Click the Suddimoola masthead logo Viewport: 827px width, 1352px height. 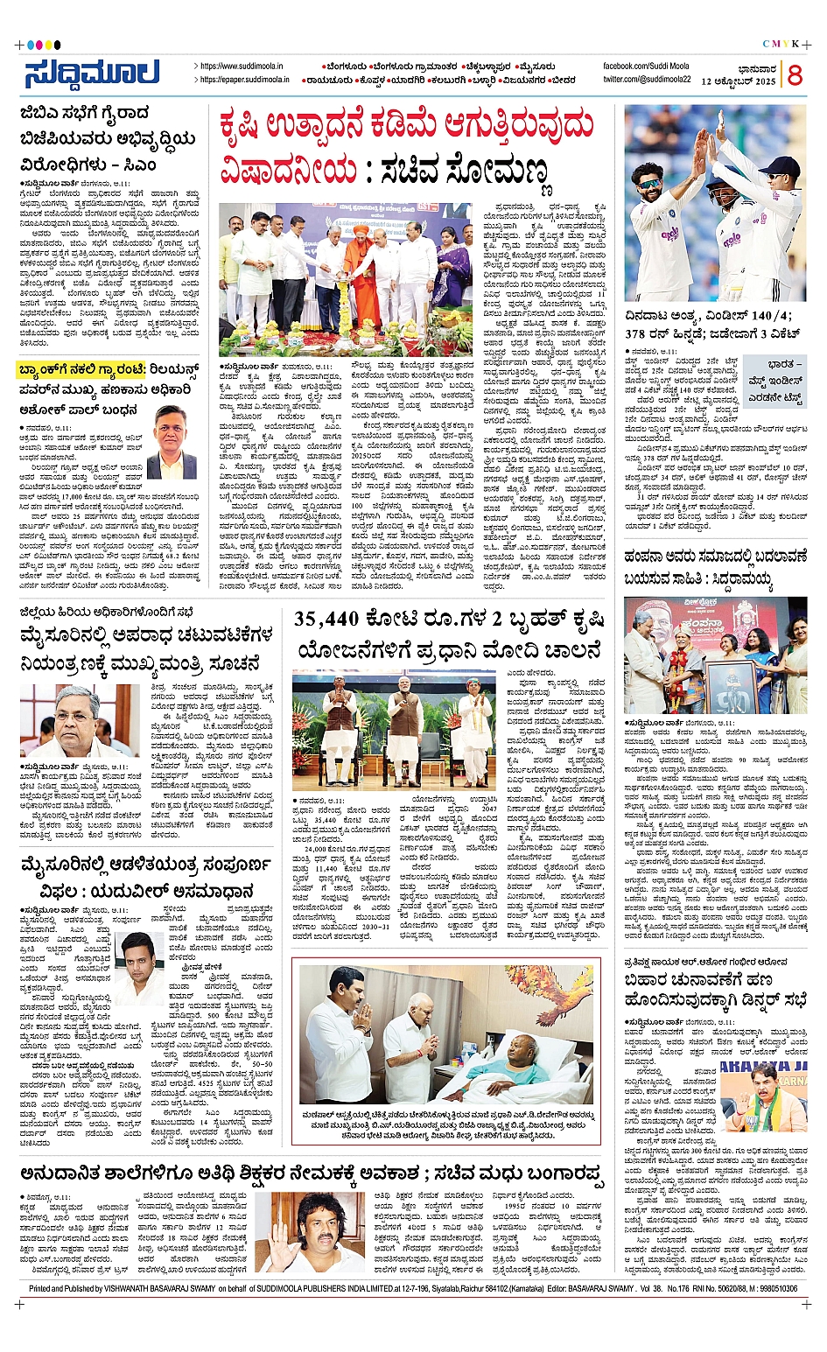coord(91,74)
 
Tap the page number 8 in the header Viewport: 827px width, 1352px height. coord(794,75)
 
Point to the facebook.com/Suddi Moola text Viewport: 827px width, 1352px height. coord(646,67)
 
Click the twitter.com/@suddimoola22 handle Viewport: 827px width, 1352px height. coord(646,80)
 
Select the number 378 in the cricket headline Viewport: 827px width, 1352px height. coord(640,334)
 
